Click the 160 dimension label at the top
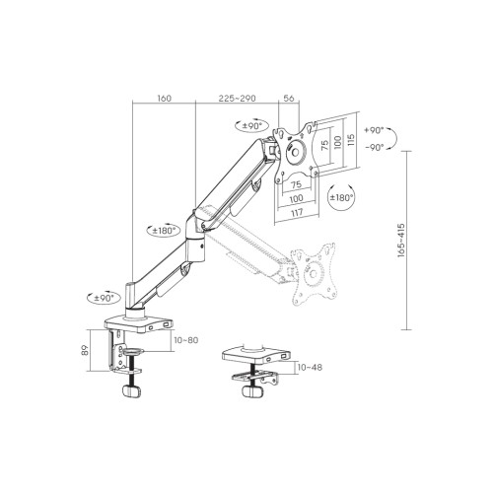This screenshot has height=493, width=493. pyautogui.click(x=165, y=98)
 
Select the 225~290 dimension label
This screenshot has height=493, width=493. pyautogui.click(x=237, y=98)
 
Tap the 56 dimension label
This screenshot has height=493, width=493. pyautogui.click(x=289, y=98)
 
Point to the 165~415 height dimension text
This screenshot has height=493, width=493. pyautogui.click(x=401, y=241)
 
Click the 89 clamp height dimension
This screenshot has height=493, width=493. pyautogui.click(x=85, y=350)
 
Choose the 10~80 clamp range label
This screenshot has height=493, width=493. pyautogui.click(x=186, y=340)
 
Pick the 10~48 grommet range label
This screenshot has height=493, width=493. pyautogui.click(x=310, y=367)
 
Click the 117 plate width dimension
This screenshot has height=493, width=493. pyautogui.click(x=297, y=212)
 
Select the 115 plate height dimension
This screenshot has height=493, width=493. pyautogui.click(x=351, y=140)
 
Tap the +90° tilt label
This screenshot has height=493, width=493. pyautogui.click(x=374, y=130)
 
